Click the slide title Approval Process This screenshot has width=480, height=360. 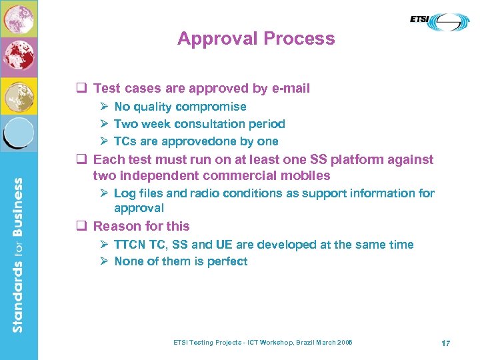(x=256, y=39)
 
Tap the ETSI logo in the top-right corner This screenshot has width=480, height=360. (x=439, y=21)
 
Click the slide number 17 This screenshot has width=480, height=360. (x=445, y=343)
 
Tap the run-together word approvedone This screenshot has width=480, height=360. (x=193, y=141)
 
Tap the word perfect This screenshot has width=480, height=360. (x=226, y=262)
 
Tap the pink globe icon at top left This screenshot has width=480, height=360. (x=19, y=19)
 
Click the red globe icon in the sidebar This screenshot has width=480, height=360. (x=19, y=55)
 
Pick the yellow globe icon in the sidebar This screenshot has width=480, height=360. (x=19, y=95)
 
